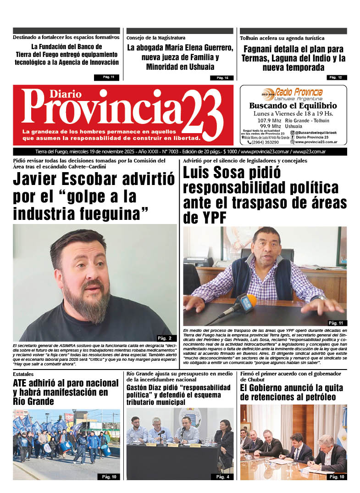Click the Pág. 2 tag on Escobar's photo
(x=164, y=338)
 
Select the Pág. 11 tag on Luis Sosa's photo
(x=335, y=323)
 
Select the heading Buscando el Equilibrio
(x=293, y=106)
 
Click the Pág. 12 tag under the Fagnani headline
(x=335, y=77)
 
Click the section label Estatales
(x=23, y=375)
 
